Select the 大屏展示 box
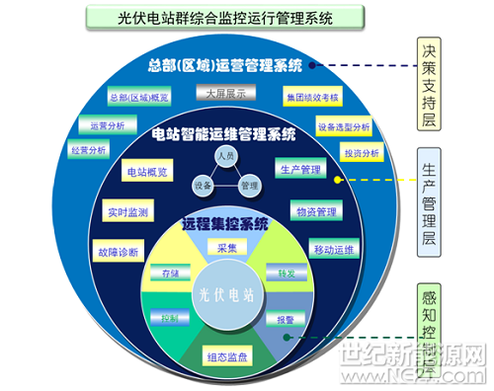pos(225,93)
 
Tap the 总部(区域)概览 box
pos(139,99)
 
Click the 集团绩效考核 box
pos(312,98)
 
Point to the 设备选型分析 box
pos(345,127)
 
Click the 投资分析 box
pos(362,153)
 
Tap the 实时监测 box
pos(126,212)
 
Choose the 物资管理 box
pos(316,211)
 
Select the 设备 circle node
pos(202,186)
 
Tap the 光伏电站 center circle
pos(226,294)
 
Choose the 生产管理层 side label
pos(428,197)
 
